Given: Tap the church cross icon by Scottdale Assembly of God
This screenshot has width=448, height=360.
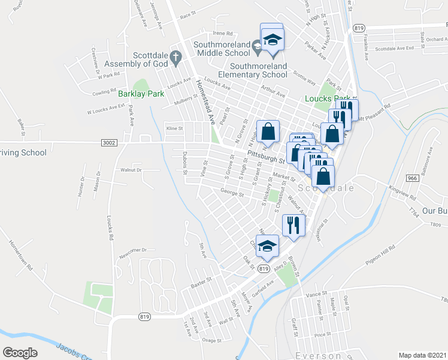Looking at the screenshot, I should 175,57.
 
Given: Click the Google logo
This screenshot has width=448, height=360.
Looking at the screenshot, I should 20,353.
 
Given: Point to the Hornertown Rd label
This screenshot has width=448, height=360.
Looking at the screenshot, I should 22,254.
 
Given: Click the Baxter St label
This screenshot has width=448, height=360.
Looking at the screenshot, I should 201,281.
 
